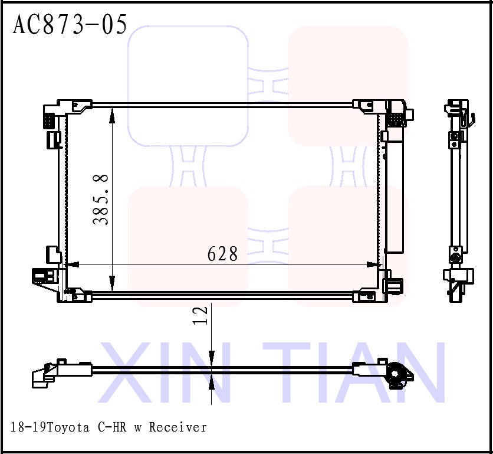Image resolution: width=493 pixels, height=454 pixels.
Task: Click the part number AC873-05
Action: tap(70, 25)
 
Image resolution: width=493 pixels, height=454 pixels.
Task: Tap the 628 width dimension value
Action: tap(222, 254)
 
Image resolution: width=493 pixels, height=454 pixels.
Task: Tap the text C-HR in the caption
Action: tap(114, 427)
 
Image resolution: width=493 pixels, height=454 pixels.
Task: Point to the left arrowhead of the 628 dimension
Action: tap(70, 265)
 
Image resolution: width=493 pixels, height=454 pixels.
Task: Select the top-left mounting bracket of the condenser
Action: tap(77, 106)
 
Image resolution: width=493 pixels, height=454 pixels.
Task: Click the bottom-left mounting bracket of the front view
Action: tap(75, 295)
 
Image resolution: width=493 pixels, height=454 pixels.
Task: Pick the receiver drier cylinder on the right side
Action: tap(395, 195)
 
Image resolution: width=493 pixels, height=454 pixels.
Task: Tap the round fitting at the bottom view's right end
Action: tap(398, 375)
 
